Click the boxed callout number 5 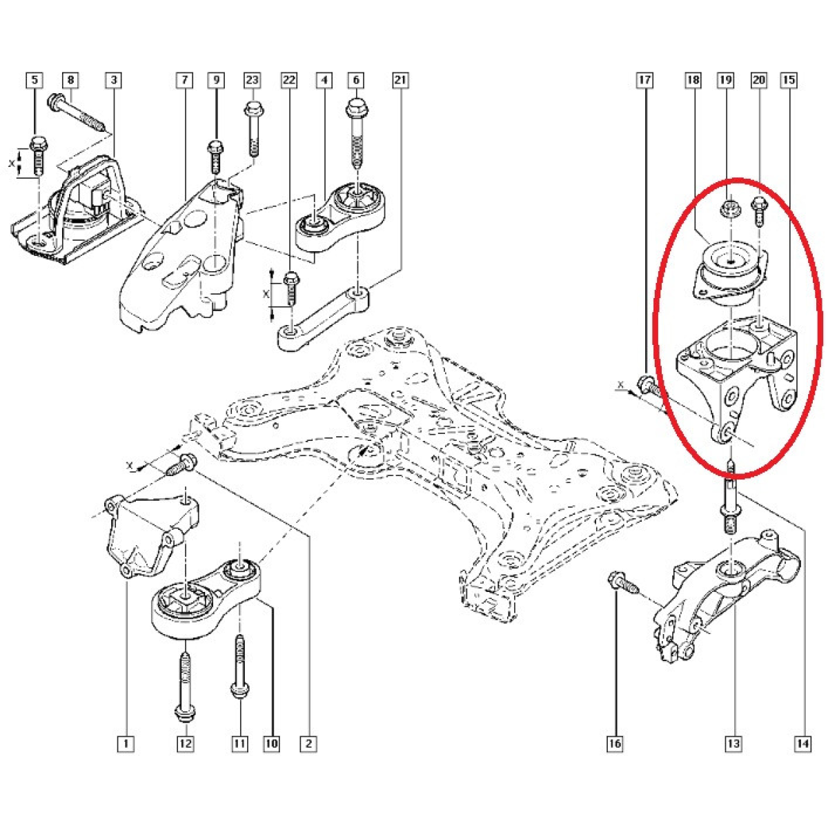coord(35,80)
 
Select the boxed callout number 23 coord(253,80)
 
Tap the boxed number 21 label coord(400,80)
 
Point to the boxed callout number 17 coord(645,80)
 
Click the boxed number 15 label coord(789,80)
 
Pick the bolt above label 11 coord(239,673)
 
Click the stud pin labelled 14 coord(731,499)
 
